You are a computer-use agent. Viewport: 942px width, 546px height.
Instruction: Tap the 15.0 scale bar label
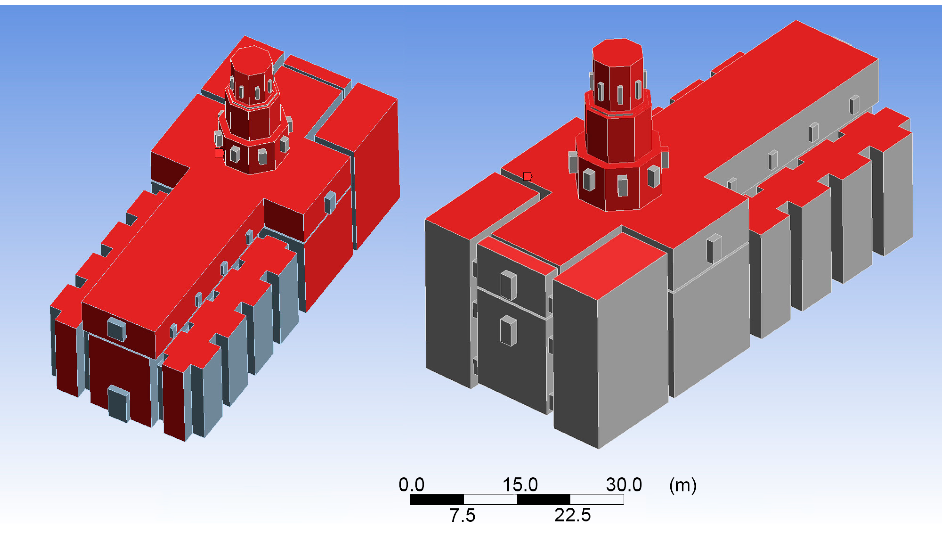520,485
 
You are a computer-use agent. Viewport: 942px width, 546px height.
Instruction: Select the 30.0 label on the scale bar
624,485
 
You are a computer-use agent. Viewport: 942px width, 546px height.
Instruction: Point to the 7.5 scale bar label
462,515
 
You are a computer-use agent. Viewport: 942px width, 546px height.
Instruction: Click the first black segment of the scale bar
437,499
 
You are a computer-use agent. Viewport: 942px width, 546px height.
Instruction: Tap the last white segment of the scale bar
597,499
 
